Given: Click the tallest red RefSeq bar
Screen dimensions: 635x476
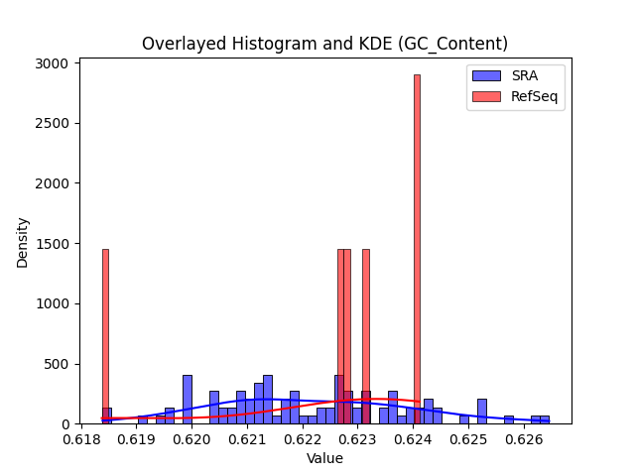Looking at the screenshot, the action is coord(417,249).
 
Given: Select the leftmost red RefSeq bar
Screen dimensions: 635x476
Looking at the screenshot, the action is coord(105,336).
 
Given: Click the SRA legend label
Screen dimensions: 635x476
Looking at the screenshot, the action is coord(525,75).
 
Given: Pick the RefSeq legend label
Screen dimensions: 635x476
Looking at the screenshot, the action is coord(534,96).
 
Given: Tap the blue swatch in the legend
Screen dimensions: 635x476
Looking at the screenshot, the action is coord(486,75).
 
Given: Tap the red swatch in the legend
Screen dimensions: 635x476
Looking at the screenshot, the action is coord(486,96).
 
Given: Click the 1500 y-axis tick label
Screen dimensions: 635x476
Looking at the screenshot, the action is coord(52,244).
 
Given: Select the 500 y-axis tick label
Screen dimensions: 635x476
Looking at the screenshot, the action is coord(57,364).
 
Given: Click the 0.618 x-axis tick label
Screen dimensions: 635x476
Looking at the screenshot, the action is coord(81,439).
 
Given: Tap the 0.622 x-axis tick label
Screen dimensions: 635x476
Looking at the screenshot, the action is coord(303,439).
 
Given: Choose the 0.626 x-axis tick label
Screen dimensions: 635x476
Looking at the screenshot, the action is coord(524,439).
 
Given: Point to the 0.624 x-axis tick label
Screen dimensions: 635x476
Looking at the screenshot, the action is coord(413,439).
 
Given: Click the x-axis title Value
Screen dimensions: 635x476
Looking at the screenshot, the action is coord(324,458).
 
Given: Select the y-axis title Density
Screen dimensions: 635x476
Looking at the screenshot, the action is coord(22,243).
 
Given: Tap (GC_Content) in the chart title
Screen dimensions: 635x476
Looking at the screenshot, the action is coord(452,44).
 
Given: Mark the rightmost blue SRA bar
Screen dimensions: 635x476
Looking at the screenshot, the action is coord(545,419).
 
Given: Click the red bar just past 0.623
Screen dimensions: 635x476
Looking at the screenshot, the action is coord(366,336).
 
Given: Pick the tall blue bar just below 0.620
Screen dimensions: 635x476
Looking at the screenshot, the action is coord(188,400).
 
